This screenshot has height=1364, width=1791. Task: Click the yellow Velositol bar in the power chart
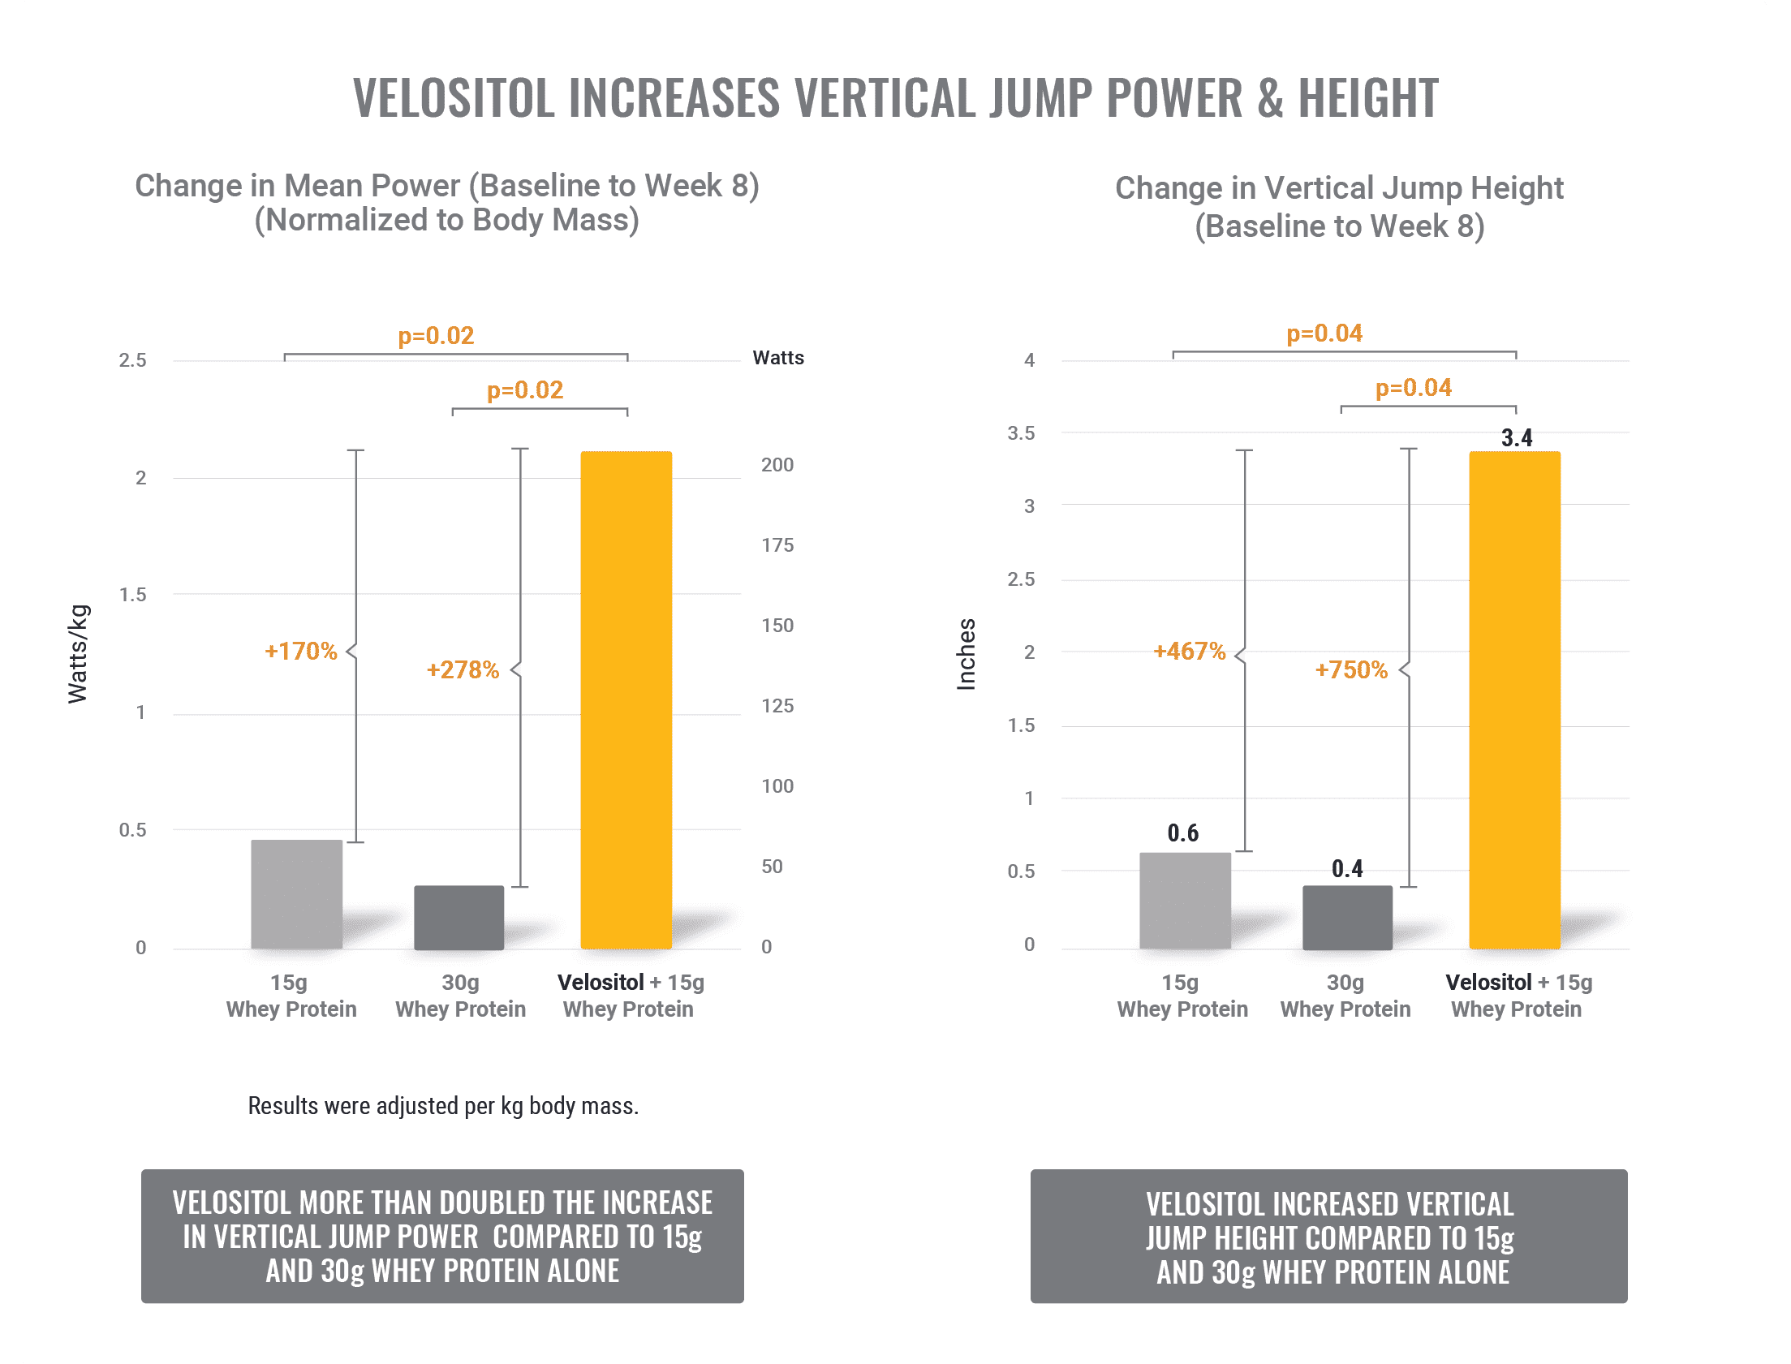[626, 699]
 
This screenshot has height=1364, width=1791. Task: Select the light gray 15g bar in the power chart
[296, 893]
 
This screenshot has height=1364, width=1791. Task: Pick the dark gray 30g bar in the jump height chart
[1347, 917]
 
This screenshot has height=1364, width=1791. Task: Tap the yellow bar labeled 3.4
[1514, 699]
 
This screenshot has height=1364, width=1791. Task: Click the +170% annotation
[300, 651]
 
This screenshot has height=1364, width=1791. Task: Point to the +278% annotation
[463, 669]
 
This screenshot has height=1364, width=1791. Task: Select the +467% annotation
[1190, 651]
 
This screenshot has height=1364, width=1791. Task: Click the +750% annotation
[1351, 669]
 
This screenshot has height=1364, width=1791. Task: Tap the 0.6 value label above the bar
[1183, 833]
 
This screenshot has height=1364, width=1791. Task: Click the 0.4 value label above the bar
[1347, 869]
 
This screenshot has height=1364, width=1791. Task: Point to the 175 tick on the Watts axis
[777, 544]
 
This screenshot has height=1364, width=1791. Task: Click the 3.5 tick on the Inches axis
[1021, 432]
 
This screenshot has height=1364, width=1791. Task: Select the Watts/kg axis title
[78, 653]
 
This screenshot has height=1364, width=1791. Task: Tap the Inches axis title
[967, 654]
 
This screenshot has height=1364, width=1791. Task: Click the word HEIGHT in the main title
[1368, 98]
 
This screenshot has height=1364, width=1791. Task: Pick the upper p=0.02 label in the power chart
[435, 335]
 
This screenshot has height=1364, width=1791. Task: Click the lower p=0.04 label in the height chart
[1413, 388]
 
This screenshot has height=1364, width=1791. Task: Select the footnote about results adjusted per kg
[443, 1106]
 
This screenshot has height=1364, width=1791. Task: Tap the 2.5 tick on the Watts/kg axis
[132, 359]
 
